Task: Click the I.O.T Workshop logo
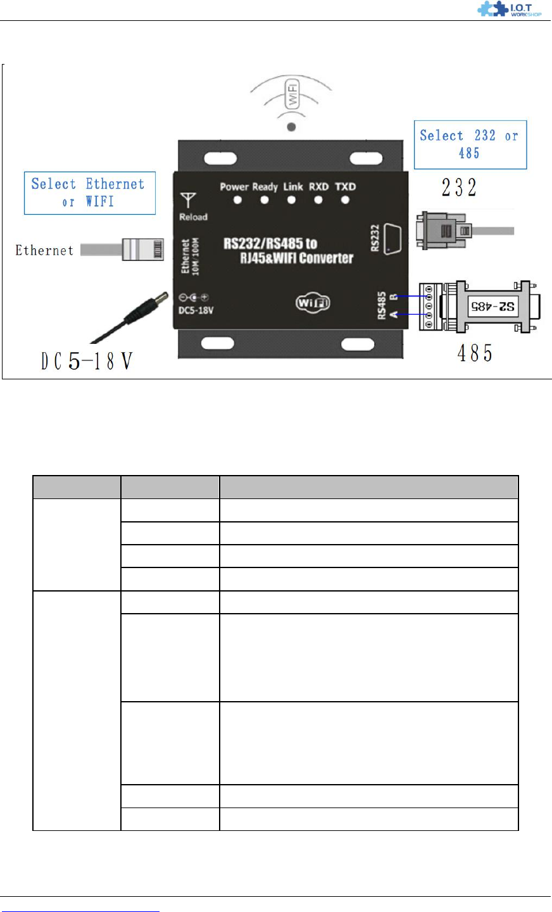point(509,9)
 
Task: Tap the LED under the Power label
point(238,200)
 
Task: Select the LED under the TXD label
point(345,200)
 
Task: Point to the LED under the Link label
point(291,200)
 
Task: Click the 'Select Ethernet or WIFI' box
point(89,193)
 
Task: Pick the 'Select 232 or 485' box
point(470,144)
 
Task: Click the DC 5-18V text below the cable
point(87,361)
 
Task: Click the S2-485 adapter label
point(492,307)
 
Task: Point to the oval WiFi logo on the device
point(313,303)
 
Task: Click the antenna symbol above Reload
point(187,201)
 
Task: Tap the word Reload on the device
point(193,217)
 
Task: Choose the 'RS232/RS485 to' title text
point(270,244)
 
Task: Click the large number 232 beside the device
point(459,187)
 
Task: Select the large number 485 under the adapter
point(474,353)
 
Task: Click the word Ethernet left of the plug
point(44,250)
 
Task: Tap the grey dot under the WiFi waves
point(291,127)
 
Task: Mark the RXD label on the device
point(318,187)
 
